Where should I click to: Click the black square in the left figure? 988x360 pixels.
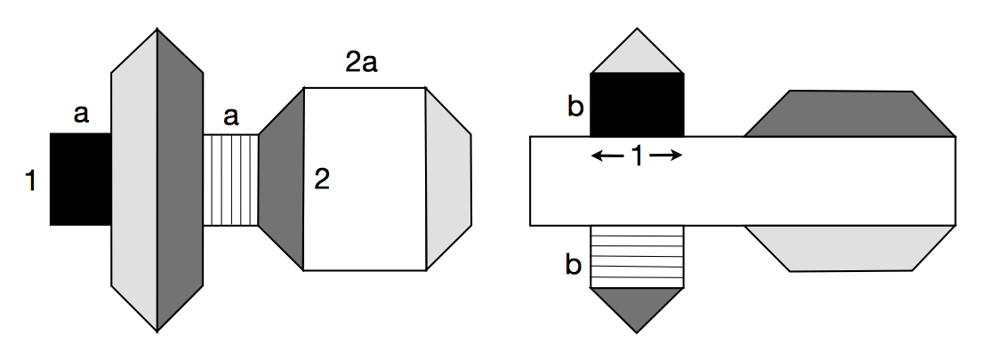pos(80,179)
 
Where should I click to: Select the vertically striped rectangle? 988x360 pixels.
pos(231,179)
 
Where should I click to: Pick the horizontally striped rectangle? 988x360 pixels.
pos(637,256)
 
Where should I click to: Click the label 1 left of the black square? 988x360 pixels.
pos(31,182)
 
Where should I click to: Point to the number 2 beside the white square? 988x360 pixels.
pos(322,180)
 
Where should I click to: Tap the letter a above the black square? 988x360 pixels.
pos(81,115)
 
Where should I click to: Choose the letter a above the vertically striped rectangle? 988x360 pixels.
pos(231,116)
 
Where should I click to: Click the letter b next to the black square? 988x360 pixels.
pos(574,107)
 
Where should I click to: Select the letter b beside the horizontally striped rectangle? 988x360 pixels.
pos(574,264)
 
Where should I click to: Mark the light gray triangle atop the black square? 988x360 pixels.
pos(637,56)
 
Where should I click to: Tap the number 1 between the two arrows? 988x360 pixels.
pos(637,156)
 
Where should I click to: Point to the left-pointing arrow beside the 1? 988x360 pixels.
pos(606,156)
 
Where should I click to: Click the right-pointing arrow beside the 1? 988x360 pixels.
pos(668,156)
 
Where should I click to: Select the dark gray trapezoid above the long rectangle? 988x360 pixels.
pos(849,114)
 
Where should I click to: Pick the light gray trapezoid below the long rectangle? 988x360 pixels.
pos(849,246)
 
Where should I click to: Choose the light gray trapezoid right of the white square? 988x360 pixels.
pos(447,179)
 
